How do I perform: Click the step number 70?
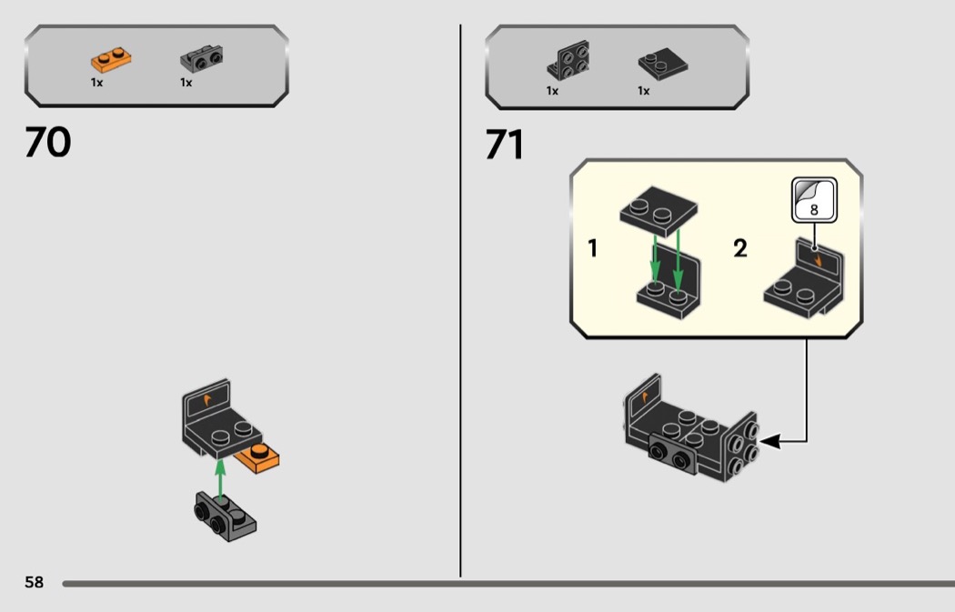(47, 142)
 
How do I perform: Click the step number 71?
(504, 145)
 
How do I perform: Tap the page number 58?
(35, 582)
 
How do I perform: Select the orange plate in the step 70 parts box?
(111, 60)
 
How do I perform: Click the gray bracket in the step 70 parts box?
(202, 59)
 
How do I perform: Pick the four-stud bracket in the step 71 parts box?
(568, 60)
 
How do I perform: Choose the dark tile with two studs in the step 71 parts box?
(663, 64)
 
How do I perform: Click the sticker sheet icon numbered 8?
(814, 200)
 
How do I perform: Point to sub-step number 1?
(593, 248)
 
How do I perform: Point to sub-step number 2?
(740, 248)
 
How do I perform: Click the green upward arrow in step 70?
(220, 478)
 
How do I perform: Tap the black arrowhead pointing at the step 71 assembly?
(769, 441)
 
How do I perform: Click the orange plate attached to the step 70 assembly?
(258, 458)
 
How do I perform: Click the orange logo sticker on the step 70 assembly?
(207, 399)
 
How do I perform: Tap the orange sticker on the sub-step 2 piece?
(818, 261)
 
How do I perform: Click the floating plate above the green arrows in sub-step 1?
(658, 211)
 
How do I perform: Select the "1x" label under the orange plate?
(96, 82)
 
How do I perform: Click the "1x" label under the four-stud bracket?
(552, 91)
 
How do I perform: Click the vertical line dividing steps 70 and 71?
(460, 300)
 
